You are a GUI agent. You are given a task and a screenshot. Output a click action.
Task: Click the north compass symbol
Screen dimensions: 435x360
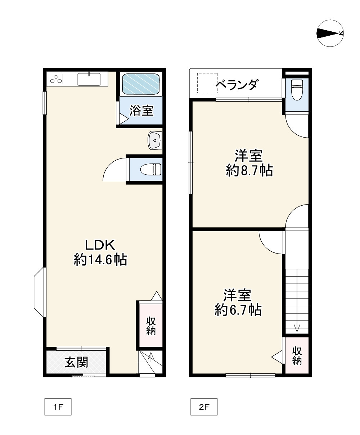click(x=330, y=33)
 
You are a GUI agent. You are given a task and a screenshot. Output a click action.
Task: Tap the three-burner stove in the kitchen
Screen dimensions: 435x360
click(x=56, y=79)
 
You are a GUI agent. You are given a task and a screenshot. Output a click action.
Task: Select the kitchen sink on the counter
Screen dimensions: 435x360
click(x=89, y=79)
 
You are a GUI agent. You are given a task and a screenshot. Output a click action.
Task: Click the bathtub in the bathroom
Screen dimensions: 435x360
click(x=141, y=84)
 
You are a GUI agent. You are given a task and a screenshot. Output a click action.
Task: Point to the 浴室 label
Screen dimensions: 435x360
click(x=142, y=111)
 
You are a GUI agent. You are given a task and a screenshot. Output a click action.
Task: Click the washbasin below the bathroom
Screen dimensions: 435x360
click(x=155, y=140)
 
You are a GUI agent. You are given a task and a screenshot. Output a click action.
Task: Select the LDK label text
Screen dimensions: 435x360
click(x=100, y=245)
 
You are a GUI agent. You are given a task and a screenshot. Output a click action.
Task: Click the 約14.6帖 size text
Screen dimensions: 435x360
click(x=100, y=260)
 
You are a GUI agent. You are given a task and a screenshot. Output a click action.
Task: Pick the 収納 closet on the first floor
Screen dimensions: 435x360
click(x=150, y=326)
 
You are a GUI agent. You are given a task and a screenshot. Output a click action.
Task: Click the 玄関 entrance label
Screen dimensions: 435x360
click(x=76, y=362)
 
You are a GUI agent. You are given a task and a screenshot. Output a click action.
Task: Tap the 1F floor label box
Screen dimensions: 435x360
click(x=58, y=407)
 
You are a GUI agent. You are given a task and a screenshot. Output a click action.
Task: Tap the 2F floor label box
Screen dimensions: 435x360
click(x=204, y=407)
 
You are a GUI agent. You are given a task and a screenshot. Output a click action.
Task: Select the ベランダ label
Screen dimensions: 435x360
click(x=237, y=85)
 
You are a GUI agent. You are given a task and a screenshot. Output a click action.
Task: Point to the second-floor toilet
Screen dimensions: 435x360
click(x=297, y=90)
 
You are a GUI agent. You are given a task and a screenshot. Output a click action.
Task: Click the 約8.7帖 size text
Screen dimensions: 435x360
click(x=249, y=170)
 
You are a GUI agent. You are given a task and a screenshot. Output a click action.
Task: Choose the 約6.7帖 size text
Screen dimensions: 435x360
click(x=238, y=309)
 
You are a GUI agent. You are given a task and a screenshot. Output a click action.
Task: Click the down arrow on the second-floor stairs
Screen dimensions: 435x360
click(x=297, y=328)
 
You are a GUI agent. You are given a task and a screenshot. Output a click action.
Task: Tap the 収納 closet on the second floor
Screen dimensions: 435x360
click(x=297, y=356)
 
